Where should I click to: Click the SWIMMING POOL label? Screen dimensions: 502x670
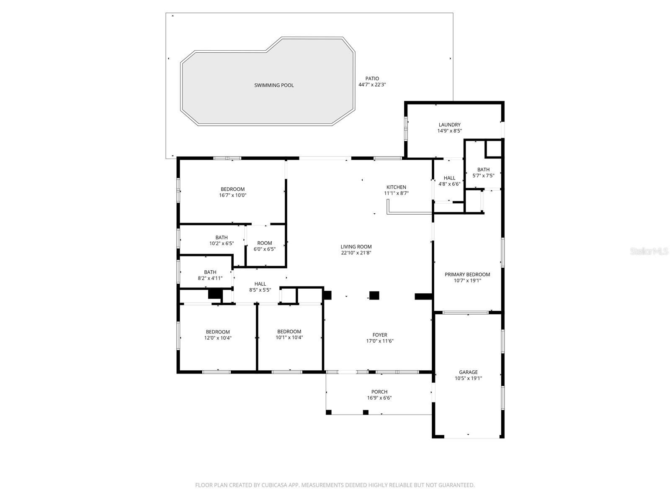pos(274,85)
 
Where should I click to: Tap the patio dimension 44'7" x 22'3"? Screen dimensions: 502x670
pos(372,85)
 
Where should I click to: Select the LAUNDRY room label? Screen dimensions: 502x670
pos(449,125)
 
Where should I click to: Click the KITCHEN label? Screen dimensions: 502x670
pos(396,187)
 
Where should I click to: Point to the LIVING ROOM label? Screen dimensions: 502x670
pos(356,247)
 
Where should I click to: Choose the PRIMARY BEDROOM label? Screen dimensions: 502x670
pos(467,274)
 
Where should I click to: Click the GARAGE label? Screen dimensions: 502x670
pos(468,372)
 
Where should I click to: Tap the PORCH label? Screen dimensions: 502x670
pos(379,392)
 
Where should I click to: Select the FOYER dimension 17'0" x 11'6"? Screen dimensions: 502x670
pos(380,341)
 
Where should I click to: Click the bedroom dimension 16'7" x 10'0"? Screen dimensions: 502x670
pos(232,195)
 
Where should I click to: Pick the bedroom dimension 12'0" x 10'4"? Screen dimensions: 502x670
pos(218,338)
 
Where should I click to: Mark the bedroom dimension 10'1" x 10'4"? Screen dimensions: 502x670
pos(289,338)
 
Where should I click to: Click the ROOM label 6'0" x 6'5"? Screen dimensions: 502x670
pos(265,243)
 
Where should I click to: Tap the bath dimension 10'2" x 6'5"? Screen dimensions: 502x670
pos(222,243)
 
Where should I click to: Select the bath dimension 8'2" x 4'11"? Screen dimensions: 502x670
pos(210,278)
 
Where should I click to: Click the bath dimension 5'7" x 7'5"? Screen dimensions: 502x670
pos(483,176)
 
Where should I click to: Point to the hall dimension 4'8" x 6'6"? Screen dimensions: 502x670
pos(449,184)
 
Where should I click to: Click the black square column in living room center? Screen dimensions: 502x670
pos(374,295)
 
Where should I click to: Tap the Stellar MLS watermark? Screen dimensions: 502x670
pos(649,251)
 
